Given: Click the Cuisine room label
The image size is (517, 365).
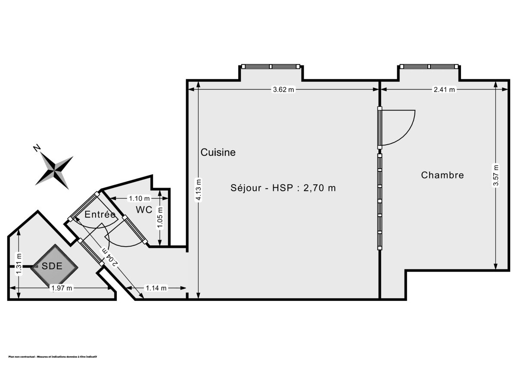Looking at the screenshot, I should click(218, 152).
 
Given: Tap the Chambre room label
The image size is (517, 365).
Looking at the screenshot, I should click(442, 175).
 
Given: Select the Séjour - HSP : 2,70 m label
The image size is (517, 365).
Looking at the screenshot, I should click(283, 188).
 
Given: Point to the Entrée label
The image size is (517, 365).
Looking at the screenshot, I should click(100, 214).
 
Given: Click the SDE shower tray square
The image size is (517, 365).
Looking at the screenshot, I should click(55, 266).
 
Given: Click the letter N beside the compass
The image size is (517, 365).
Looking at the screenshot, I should click(37, 148).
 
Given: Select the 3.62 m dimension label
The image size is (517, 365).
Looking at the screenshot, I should click(283, 90).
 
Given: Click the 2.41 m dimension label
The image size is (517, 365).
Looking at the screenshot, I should click(444, 90).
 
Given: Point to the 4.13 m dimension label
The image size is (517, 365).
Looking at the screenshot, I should click(198, 189).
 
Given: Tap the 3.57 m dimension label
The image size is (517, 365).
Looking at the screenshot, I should click(496, 175).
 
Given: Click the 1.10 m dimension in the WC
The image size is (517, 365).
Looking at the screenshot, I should click(139, 198).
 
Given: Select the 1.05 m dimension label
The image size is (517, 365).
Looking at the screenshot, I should click(160, 218).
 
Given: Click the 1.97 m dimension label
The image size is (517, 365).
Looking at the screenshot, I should click(62, 288).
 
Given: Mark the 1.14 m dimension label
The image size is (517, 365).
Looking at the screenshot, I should click(156, 288).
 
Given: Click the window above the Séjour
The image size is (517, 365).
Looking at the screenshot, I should click(271, 67).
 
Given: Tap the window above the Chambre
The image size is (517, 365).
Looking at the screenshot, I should click(428, 67).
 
